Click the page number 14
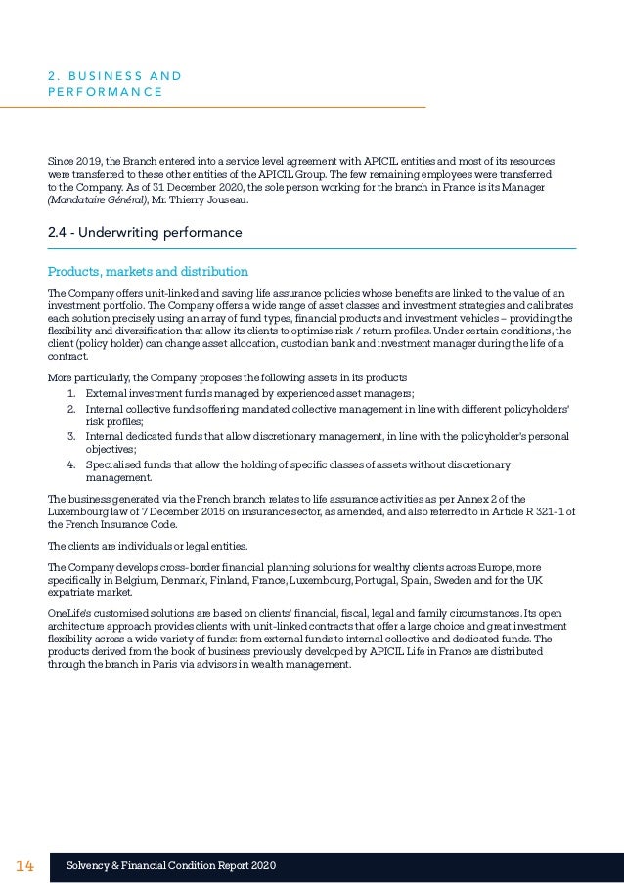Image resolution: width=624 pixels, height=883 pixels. pos(24,866)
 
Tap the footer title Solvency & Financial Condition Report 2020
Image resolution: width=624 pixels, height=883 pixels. pos(170,866)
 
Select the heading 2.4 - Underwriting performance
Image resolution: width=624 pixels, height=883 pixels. pos(144,233)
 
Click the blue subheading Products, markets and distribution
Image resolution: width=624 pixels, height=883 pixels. pos(148,271)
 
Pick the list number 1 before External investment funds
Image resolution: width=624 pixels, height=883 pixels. pos(71,394)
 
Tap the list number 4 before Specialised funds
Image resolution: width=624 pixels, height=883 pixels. pos(71,464)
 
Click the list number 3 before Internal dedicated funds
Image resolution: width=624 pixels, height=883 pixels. pos(71,436)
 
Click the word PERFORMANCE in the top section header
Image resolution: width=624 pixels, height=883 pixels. pos(105,93)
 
